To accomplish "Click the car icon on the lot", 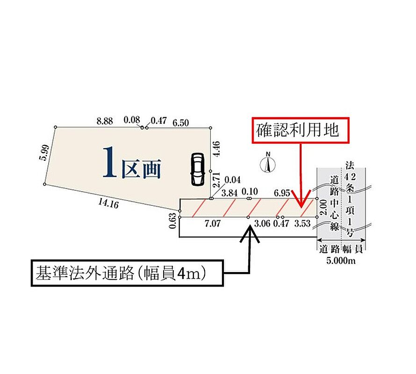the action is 198,169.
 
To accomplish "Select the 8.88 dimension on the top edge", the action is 105,121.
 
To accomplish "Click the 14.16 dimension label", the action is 108,203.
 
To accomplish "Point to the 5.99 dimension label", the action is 44,152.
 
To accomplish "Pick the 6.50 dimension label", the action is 181,122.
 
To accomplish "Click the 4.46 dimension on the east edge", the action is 216,149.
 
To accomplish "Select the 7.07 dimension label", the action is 213,223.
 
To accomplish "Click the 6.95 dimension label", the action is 282,193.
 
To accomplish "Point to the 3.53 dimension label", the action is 302,223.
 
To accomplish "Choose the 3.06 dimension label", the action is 262,223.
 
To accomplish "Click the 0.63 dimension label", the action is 172,221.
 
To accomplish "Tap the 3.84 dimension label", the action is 229,193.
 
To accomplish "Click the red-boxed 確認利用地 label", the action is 301,130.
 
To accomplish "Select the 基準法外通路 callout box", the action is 127,273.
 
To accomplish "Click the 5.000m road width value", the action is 341,261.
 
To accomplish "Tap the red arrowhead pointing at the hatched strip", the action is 301,199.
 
